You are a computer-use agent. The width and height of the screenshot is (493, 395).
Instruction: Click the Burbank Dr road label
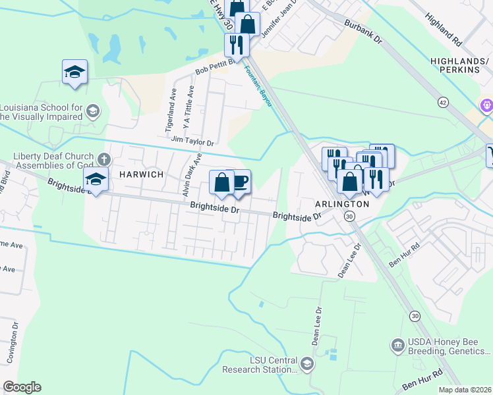pyautogui.click(x=363, y=31)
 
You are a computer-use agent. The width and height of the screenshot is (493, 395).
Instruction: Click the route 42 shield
pyautogui.click(x=443, y=102)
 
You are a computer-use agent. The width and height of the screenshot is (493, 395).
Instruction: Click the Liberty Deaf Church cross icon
pyautogui.click(x=103, y=159)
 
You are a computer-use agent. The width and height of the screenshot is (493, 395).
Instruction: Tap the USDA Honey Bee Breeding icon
pyautogui.click(x=397, y=345)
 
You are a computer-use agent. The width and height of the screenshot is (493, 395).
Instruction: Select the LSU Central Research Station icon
pyautogui.click(x=306, y=363)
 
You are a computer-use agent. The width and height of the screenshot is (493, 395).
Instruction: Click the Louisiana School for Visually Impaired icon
pyautogui.click(x=92, y=111)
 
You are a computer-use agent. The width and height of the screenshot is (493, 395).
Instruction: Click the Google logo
pyautogui.click(x=22, y=387)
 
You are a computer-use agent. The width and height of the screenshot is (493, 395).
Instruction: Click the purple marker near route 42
pyautogui.click(x=487, y=104)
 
